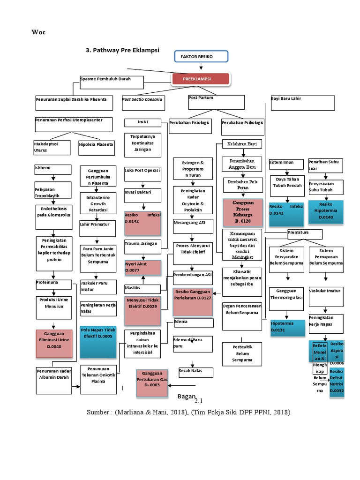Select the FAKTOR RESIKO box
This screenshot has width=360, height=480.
pyautogui.click(x=202, y=57)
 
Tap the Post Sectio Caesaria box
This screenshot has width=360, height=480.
pyautogui.click(x=143, y=103)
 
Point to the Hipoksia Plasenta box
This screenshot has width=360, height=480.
pyautogui.click(x=96, y=147)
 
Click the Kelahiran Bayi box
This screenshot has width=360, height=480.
pyautogui.click(x=242, y=144)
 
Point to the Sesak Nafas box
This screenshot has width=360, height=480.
pyautogui.click(x=196, y=372)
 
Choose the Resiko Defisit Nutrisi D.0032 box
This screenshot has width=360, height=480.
pyautogui.click(x=337, y=382)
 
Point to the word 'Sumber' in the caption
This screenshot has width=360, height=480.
pyautogui.click(x=99, y=412)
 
